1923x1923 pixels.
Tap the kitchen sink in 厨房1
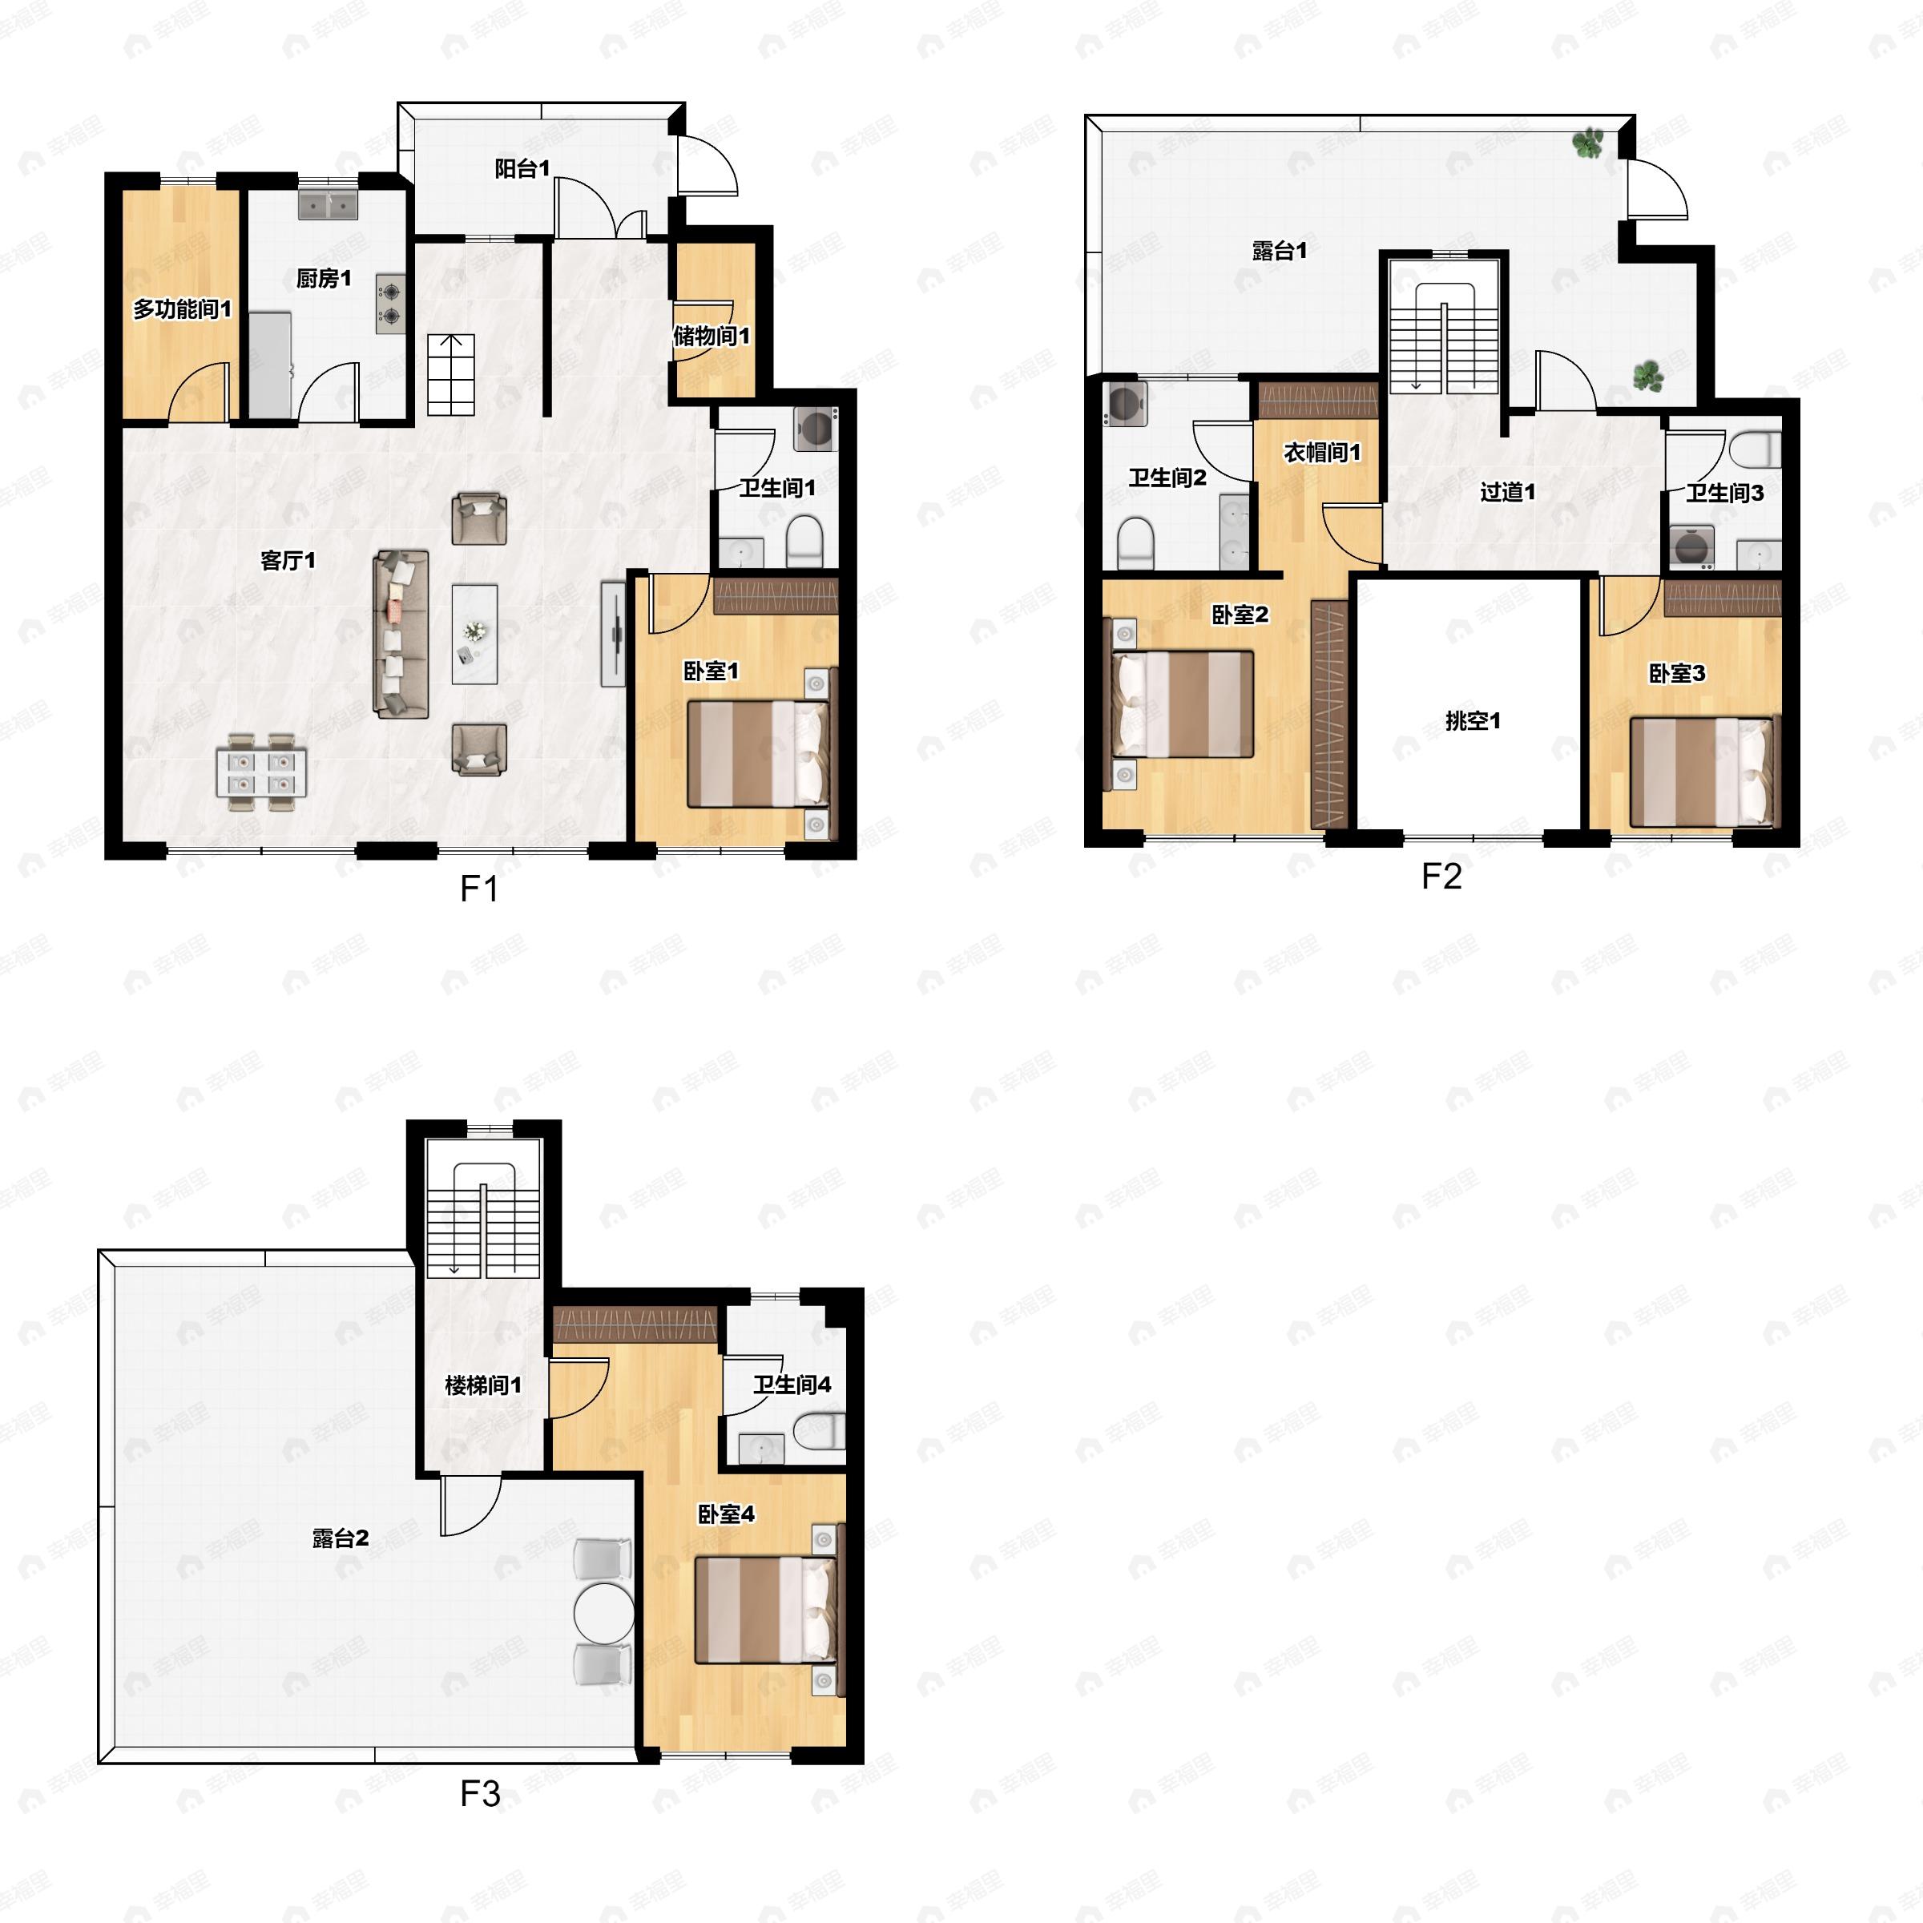(329, 205)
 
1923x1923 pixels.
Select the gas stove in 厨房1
(391, 304)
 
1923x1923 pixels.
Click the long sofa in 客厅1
(401, 634)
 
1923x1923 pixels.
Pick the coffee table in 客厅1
(475, 634)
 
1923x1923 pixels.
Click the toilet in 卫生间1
(804, 542)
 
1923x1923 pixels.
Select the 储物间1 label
(712, 336)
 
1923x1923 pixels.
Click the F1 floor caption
(479, 888)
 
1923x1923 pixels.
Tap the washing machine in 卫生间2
(1127, 404)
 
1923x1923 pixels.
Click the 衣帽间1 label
(1322, 452)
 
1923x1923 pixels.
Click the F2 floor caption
(1441, 876)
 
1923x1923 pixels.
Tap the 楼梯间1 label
(484, 1385)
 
